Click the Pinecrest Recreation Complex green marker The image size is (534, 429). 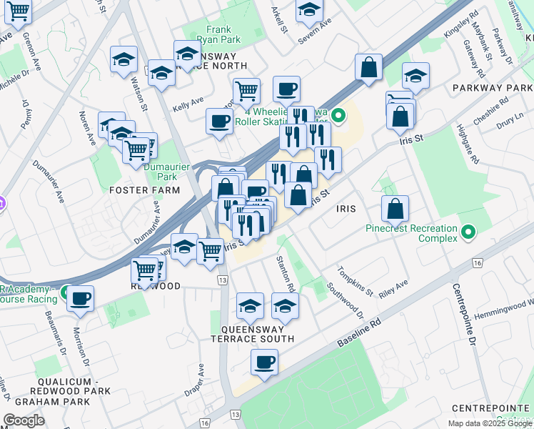468,232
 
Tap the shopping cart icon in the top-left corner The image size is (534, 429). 19,10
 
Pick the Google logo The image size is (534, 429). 24,420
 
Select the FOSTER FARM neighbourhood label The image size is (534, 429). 144,190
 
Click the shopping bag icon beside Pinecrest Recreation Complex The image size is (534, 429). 395,209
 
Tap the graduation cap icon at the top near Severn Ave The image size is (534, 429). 309,10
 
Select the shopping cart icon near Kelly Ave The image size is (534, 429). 246,91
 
